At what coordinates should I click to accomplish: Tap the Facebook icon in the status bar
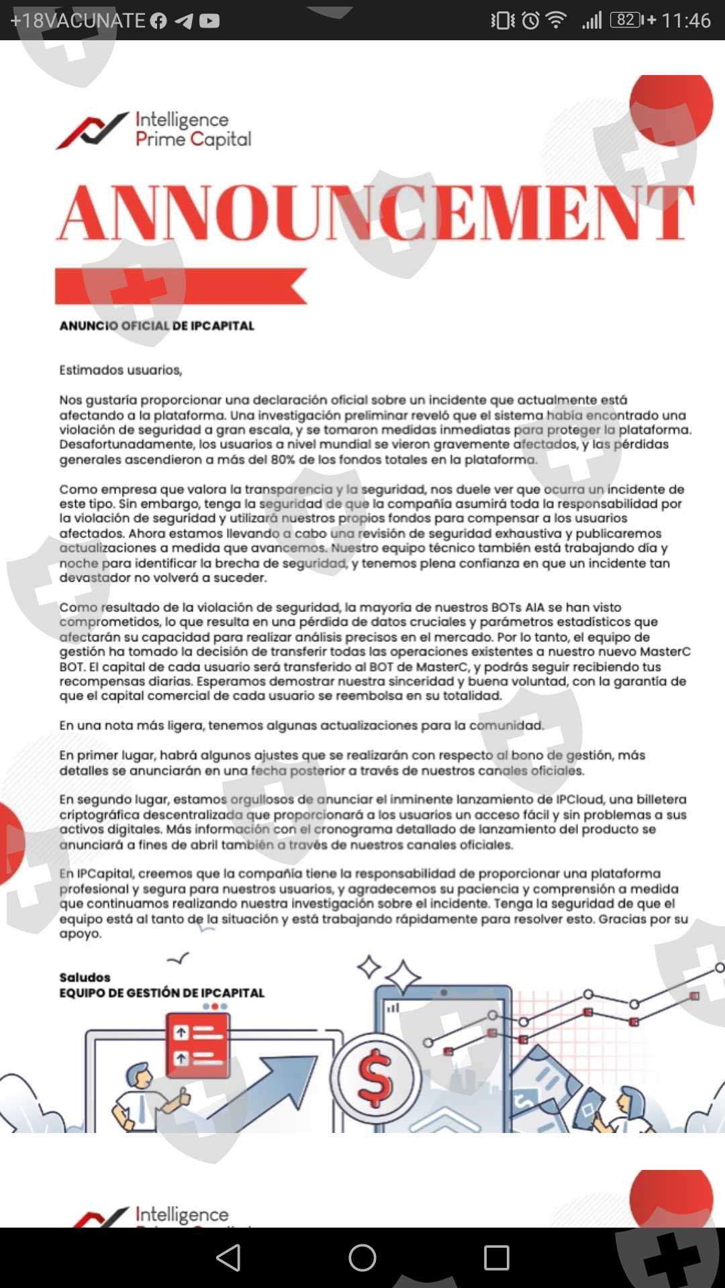pyautogui.click(x=158, y=21)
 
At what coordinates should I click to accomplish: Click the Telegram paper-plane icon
pyautogui.click(x=183, y=21)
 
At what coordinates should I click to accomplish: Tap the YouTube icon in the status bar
pyautogui.click(x=209, y=21)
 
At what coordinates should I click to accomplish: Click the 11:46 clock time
pyautogui.click(x=686, y=21)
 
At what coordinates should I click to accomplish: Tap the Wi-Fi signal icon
pyautogui.click(x=556, y=20)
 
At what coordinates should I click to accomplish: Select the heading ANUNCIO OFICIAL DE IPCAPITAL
pyautogui.click(x=157, y=326)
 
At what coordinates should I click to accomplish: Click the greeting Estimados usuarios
pyautogui.click(x=121, y=370)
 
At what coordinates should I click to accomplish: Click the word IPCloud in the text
pyautogui.click(x=583, y=800)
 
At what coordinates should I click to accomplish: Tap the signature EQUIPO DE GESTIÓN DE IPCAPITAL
pyautogui.click(x=162, y=993)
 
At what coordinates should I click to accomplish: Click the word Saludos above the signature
pyautogui.click(x=85, y=977)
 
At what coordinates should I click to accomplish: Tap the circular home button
pyautogui.click(x=362, y=1258)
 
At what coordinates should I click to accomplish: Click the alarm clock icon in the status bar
pyautogui.click(x=530, y=21)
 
